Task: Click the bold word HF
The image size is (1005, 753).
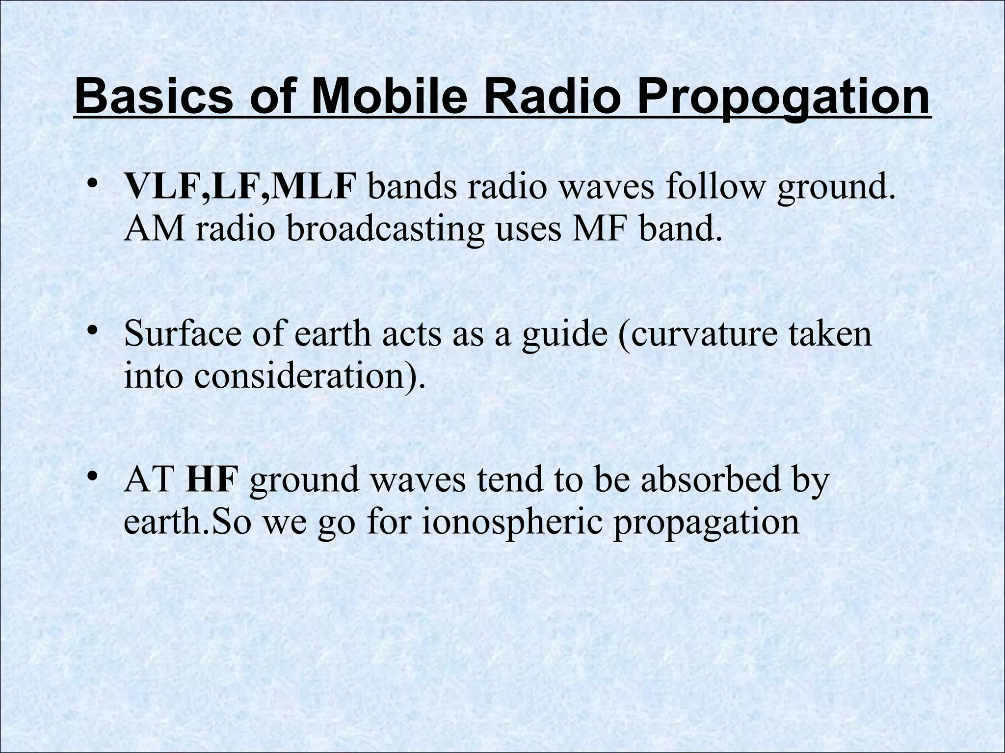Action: (212, 480)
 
